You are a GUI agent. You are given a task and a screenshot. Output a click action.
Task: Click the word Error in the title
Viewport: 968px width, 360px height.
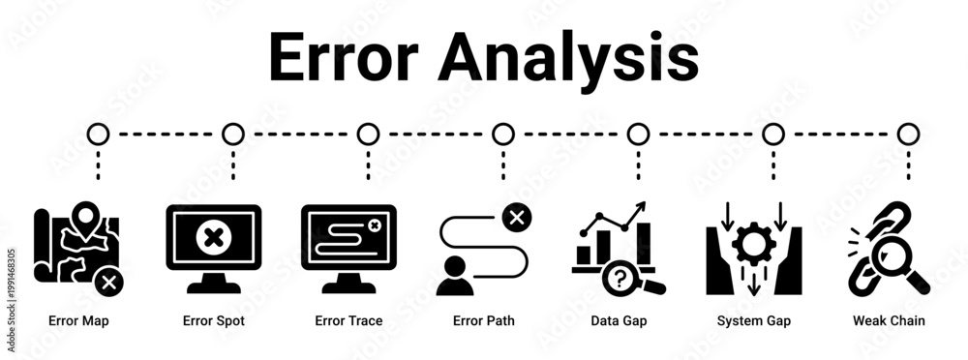coord(344,57)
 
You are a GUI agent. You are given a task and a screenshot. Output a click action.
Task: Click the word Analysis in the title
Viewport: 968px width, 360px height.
coord(568,61)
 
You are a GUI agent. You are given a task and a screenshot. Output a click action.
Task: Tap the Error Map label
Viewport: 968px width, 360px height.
coord(78,321)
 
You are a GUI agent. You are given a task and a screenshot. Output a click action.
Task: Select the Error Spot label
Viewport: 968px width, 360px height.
coord(214,321)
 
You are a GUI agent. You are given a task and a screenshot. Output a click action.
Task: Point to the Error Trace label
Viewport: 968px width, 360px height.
coord(348,321)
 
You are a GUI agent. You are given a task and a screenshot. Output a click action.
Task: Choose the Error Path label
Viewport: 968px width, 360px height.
coord(483,321)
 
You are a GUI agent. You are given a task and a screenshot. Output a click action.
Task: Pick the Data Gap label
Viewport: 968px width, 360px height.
coord(619,321)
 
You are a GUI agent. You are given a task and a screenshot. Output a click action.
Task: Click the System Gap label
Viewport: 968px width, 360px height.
coord(754,321)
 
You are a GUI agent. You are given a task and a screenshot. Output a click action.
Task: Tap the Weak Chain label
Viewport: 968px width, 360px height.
coord(889,321)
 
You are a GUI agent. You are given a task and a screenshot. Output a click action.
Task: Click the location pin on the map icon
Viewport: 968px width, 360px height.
coord(85,218)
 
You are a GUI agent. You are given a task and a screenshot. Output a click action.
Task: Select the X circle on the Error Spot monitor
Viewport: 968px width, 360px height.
coord(214,237)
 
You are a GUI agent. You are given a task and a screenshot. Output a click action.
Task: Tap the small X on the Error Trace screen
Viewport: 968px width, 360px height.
coord(373,226)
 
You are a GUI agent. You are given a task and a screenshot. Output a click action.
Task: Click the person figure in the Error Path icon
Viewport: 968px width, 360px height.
coord(455,276)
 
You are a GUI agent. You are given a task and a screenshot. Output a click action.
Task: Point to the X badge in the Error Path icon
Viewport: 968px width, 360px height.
coord(517,217)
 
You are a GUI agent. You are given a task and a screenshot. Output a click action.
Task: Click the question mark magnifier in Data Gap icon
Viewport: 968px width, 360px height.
coord(626,279)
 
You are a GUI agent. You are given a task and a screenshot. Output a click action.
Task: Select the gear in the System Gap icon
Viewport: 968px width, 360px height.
coord(754,244)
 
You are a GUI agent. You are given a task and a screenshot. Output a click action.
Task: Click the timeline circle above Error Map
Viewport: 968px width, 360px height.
coord(98,134)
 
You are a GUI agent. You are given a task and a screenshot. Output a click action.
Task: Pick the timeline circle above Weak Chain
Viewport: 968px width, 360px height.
coord(908,134)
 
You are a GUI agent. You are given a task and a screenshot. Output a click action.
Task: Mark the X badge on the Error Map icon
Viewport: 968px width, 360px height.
coord(108,283)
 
